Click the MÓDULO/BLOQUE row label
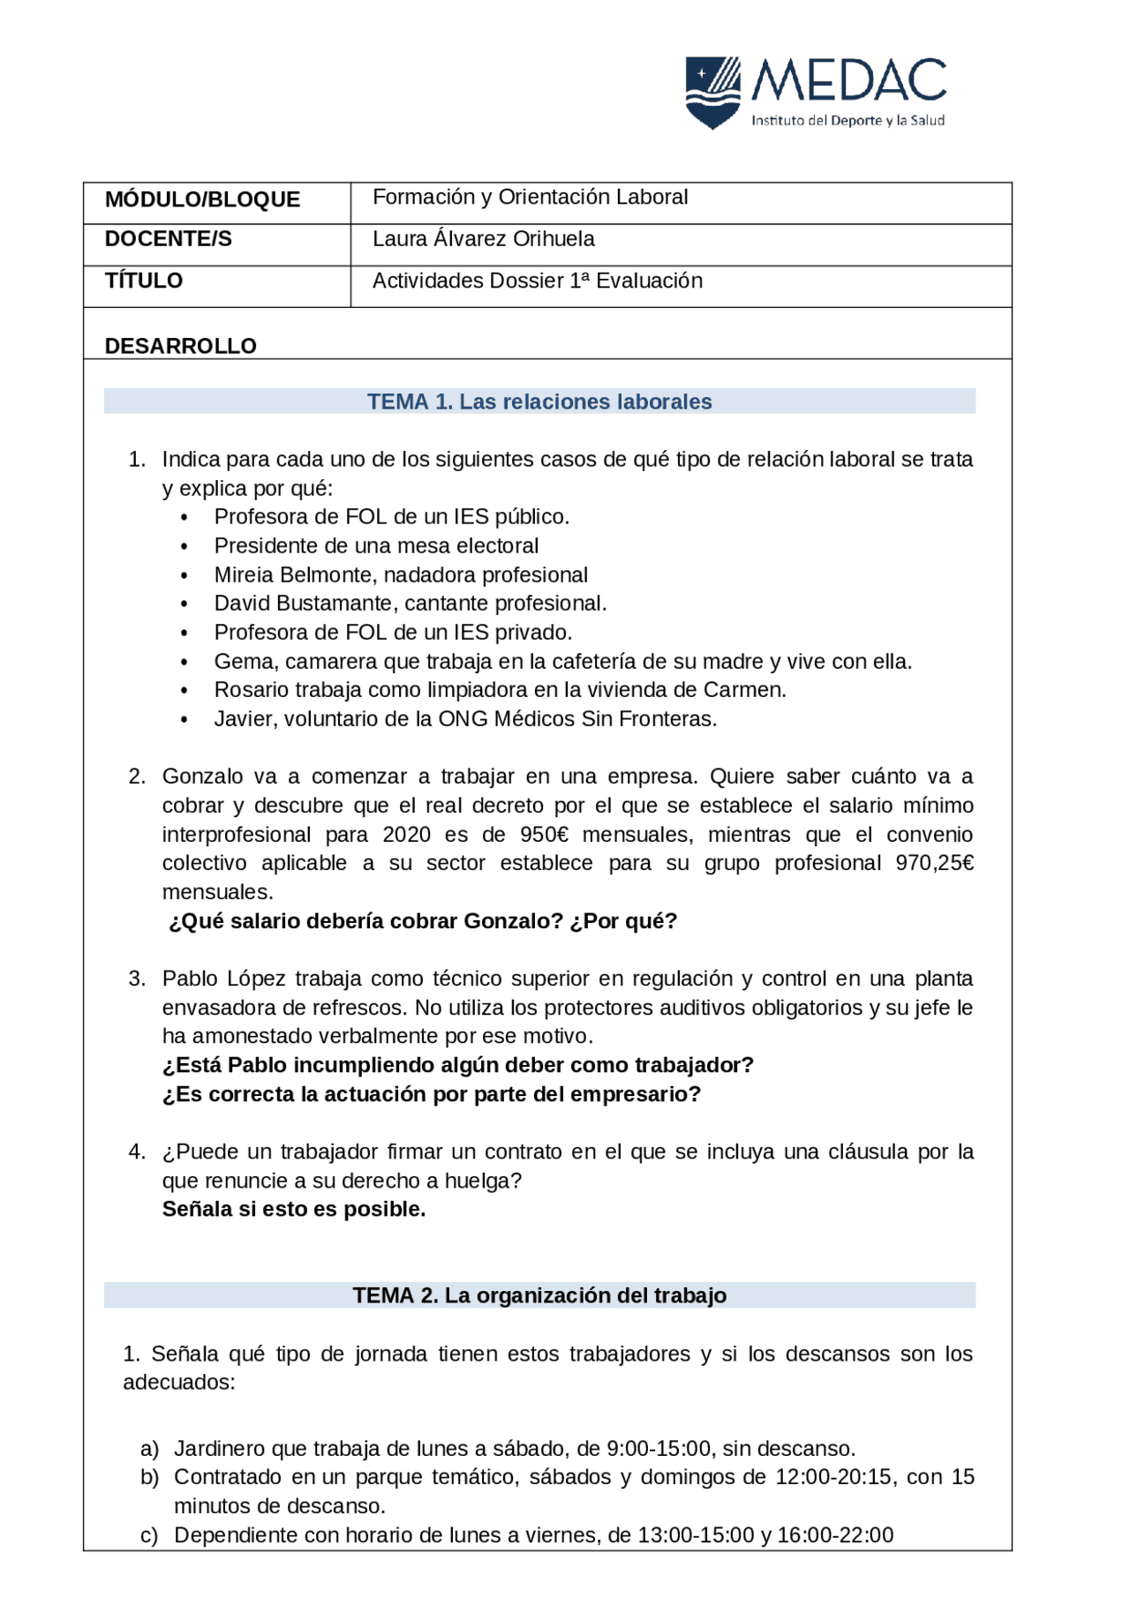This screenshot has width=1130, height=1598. (202, 199)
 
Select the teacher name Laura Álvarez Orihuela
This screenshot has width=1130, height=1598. (483, 239)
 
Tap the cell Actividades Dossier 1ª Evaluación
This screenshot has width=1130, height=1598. (537, 281)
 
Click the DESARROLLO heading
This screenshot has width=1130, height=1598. (180, 346)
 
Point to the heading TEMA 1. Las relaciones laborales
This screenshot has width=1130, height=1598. (539, 401)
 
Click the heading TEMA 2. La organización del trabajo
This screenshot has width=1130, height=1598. (539, 1295)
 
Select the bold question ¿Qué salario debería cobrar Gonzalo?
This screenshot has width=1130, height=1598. (365, 921)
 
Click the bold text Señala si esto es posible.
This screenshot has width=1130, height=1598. (293, 1209)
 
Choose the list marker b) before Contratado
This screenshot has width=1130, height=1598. (149, 1477)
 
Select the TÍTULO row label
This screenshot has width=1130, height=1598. (144, 281)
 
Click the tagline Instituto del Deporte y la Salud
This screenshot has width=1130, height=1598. (847, 121)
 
